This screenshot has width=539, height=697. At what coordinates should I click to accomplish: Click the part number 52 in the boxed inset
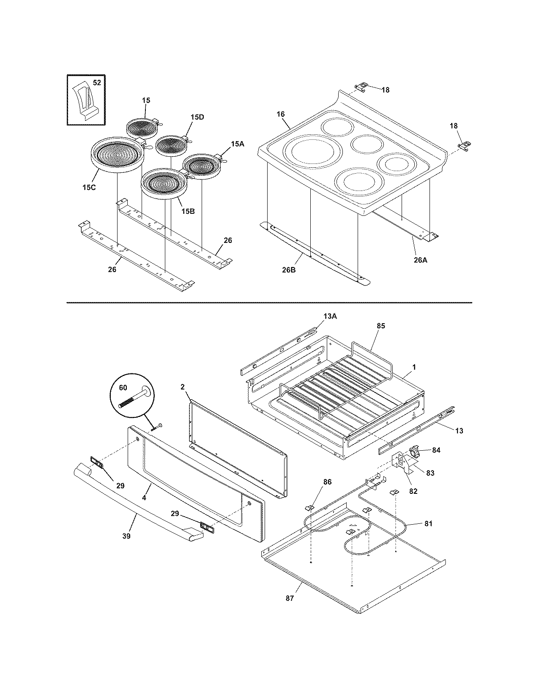click(97, 83)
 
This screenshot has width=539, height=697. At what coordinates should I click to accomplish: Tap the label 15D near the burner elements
click(197, 117)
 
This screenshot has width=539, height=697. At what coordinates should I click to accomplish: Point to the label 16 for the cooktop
click(281, 114)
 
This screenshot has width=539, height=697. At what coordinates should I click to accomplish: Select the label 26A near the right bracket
click(420, 260)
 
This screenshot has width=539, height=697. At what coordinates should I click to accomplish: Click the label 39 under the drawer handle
click(126, 536)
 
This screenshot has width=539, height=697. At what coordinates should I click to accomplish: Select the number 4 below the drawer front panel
click(144, 498)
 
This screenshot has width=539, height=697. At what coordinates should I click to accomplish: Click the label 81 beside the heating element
click(428, 523)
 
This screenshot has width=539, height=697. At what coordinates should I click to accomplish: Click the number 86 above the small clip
click(327, 482)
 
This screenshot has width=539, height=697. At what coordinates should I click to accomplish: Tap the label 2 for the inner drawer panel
click(183, 387)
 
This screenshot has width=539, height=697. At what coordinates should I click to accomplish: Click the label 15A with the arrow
click(238, 144)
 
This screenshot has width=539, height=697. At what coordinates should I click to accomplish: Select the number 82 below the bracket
click(413, 491)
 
